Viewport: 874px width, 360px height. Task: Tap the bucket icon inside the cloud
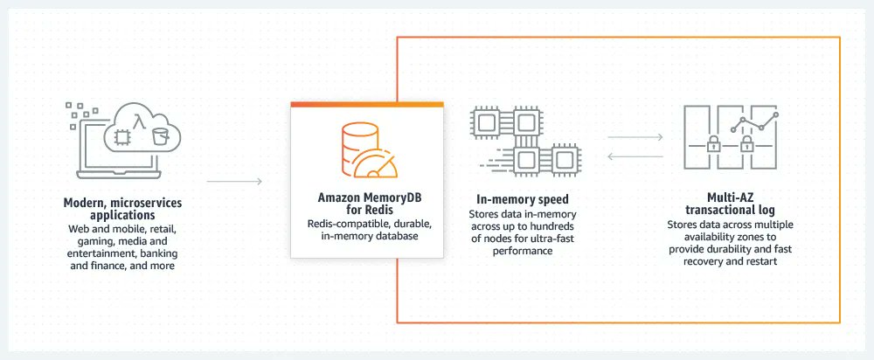(x=158, y=136)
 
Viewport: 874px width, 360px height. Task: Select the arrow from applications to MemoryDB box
(x=234, y=182)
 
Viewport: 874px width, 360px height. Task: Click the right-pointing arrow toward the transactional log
(x=633, y=137)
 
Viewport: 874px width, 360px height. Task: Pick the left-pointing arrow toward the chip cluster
(x=633, y=157)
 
